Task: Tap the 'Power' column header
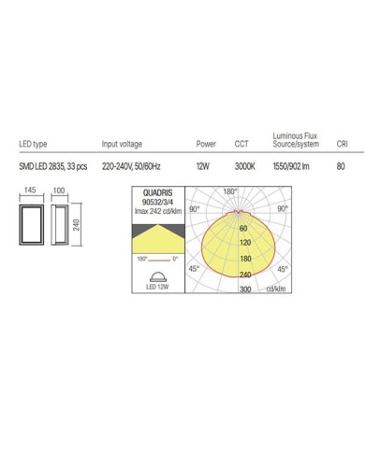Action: [206, 145]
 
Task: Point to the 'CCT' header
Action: [241, 145]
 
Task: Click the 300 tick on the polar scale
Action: [247, 290]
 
